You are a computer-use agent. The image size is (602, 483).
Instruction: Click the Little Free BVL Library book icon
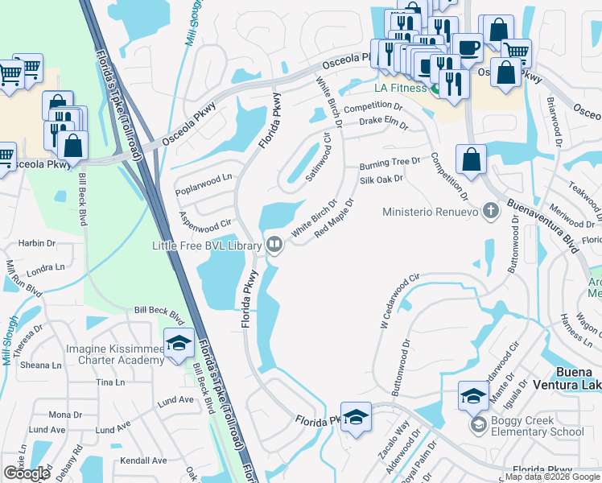[x=274, y=243]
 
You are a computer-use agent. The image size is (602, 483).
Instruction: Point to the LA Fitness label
[x=399, y=87]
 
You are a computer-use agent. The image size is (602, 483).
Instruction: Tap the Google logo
[x=27, y=473]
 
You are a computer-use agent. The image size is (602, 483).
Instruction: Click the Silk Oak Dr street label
[x=381, y=180]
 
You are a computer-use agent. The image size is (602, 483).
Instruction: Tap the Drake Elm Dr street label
[x=384, y=123]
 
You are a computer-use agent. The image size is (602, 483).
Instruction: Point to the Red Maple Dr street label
[x=335, y=218]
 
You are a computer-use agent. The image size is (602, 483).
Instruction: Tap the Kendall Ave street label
[x=142, y=460]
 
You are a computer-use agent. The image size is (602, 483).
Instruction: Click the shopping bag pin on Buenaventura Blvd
[x=471, y=159]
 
